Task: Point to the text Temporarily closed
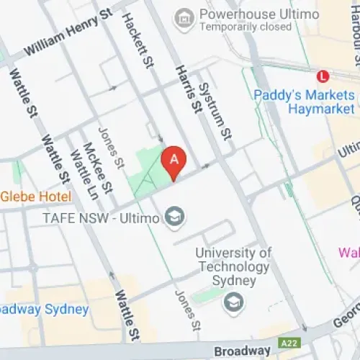(245, 27)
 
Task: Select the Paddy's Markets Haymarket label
(305, 102)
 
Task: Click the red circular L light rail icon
(324, 75)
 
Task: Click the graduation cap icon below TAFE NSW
(174, 215)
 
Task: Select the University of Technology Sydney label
(233, 266)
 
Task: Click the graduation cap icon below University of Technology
(233, 303)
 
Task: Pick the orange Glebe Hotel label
(36, 197)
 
